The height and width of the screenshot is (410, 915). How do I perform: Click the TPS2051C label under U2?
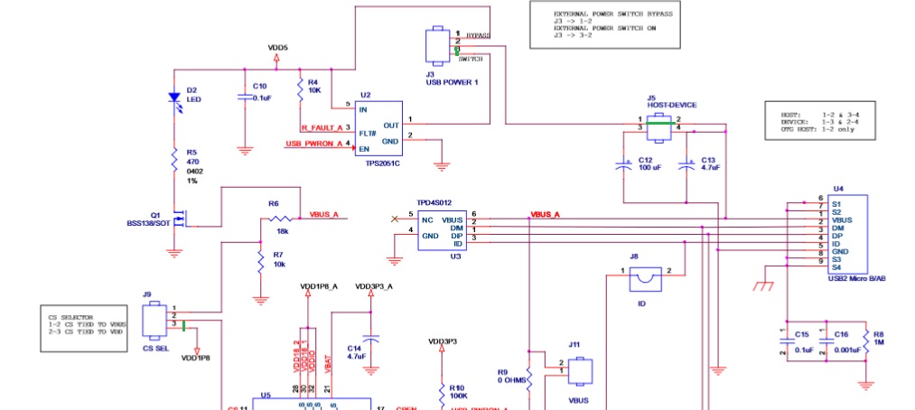coord(382,163)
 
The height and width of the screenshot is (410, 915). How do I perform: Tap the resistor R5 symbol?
coord(174,161)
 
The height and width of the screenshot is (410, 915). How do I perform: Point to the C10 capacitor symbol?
coord(244,96)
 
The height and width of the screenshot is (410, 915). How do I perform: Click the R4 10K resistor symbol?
coord(299,89)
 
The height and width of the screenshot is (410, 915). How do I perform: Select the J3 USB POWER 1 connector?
coord(436,43)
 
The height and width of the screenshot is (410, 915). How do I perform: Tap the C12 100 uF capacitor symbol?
coord(622,166)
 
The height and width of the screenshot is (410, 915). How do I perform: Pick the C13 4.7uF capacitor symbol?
coord(689,166)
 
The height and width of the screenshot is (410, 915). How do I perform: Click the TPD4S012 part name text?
coord(434,203)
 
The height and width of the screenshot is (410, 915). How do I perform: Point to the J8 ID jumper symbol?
coord(645,281)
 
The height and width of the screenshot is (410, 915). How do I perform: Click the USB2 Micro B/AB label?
coord(855,279)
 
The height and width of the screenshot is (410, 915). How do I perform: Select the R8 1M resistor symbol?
coord(865,340)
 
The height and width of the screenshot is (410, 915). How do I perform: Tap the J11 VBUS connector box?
coord(580,372)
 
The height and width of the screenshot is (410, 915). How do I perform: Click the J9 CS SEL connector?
coord(153,317)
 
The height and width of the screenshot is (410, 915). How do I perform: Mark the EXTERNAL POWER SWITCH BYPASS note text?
coord(613,15)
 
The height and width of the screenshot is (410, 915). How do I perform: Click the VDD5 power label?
coord(277,47)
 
